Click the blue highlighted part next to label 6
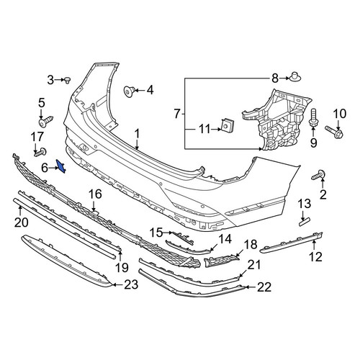point(60,166)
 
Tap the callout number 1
point(137,134)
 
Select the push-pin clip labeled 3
point(67,80)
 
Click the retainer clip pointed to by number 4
point(129,91)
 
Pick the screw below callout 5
point(45,122)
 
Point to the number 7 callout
point(177,114)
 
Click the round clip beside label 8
point(295,77)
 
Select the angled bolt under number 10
point(334,131)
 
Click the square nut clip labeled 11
point(228,126)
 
